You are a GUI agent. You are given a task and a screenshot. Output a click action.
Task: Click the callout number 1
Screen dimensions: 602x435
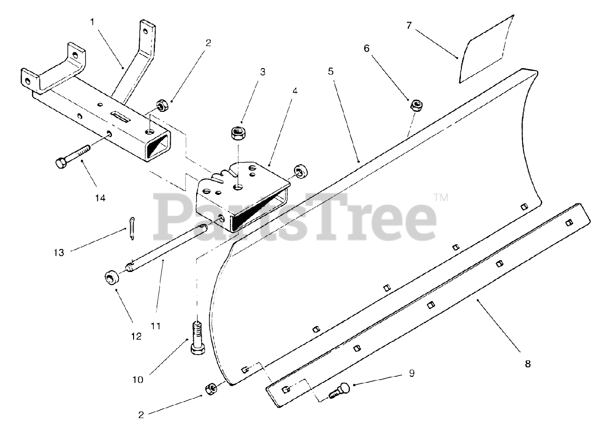(92, 22)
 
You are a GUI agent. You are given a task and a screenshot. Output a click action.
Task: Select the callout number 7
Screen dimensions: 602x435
(409, 25)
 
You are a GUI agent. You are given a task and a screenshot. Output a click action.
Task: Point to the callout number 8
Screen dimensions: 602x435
(527, 363)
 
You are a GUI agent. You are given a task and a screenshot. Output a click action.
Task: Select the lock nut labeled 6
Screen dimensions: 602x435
(416, 105)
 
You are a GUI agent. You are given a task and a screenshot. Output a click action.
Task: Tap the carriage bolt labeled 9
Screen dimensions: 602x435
(340, 390)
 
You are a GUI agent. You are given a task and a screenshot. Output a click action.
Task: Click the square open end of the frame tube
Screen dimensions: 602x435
(158, 143)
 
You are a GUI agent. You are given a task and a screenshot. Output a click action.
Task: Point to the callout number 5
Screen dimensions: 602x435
(331, 72)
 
